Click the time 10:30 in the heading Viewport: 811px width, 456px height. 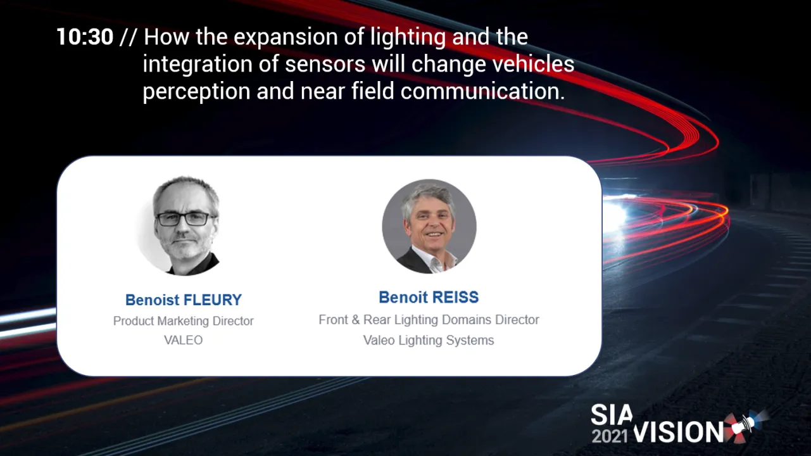point(84,37)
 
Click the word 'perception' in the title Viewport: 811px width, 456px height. point(196,92)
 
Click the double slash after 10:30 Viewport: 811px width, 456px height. point(128,37)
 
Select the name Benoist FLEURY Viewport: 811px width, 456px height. point(183,300)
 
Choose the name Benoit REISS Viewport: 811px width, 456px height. point(428,297)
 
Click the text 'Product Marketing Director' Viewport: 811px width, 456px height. point(183,321)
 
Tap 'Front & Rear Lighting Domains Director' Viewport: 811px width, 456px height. point(429,320)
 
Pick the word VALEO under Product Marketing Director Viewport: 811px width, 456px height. point(183,341)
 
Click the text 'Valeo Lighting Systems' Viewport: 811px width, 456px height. point(428,341)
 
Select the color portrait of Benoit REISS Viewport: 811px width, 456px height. point(429,226)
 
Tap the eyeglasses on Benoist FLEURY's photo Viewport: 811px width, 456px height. point(185,219)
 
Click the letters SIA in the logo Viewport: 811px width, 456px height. point(611,415)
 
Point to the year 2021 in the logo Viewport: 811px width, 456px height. point(610,435)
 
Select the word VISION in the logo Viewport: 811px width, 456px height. point(678,433)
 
